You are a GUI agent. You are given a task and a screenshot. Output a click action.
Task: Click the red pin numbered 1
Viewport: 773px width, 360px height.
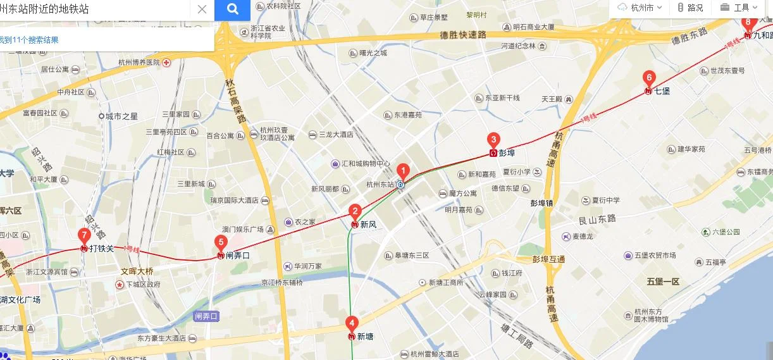pos(403,171)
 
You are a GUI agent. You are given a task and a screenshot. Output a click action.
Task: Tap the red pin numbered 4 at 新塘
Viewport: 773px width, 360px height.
pos(352,323)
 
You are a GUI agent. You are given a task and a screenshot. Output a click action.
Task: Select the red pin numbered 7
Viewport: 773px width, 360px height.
pos(84,235)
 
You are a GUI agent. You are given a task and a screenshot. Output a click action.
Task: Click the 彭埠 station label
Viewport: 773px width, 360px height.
pos(507,152)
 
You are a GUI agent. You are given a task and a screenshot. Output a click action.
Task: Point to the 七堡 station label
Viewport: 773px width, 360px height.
pos(662,90)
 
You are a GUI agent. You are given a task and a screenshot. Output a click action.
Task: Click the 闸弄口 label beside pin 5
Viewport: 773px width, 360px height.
pos(238,256)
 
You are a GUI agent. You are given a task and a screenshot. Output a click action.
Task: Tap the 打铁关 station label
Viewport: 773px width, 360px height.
pos(102,249)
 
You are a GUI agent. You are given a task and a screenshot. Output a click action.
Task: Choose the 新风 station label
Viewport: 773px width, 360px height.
pos(369,224)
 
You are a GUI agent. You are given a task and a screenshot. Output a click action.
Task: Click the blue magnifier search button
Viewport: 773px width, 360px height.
pos(232,9)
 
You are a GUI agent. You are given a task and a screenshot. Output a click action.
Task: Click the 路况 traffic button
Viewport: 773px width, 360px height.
pos(690,8)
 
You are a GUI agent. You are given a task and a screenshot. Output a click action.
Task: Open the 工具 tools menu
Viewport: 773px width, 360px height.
pos(738,8)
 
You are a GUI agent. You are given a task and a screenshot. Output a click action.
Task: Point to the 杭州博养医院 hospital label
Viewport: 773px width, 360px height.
pos(139,63)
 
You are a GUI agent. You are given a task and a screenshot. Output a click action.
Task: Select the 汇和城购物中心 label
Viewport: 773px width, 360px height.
pos(366,164)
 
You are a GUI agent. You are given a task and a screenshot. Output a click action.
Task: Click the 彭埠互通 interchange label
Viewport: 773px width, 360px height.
pos(548,259)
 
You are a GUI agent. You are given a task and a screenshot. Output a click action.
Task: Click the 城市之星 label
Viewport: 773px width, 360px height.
pos(121,116)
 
